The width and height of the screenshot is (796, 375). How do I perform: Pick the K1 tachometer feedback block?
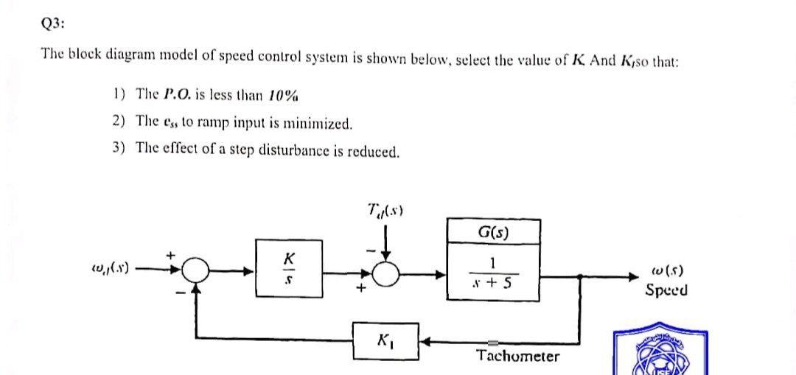[x=385, y=341]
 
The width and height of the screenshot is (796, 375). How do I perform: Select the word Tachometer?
[x=517, y=357]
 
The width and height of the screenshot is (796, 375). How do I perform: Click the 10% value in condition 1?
[x=282, y=94]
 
